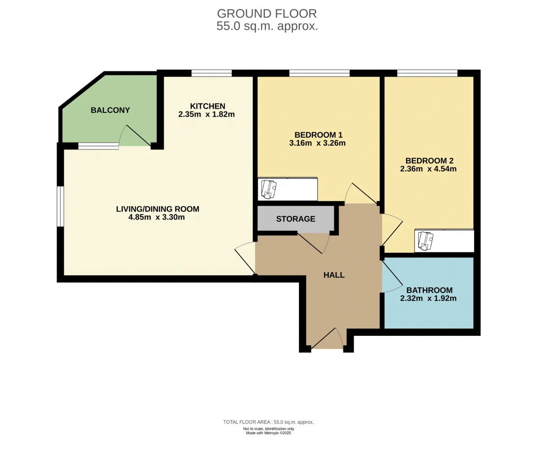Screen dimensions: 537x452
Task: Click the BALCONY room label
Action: (x=110, y=110)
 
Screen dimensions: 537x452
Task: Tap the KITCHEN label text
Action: (x=208, y=106)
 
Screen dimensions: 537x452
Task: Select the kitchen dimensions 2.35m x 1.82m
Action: (x=206, y=114)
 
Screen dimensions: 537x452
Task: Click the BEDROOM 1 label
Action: (x=318, y=135)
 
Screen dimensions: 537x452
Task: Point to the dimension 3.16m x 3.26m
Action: (x=317, y=143)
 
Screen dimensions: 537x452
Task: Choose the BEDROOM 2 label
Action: (x=429, y=161)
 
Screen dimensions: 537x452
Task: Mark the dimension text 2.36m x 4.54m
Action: (x=428, y=169)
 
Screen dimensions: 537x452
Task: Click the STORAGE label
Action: (x=296, y=219)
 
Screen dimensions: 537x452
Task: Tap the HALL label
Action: (x=334, y=275)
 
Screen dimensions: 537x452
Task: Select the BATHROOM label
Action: (x=430, y=290)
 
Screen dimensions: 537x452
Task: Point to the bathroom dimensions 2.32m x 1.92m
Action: (x=428, y=298)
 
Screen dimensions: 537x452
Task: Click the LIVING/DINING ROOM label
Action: (x=158, y=209)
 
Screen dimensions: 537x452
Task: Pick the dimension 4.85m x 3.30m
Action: (x=156, y=217)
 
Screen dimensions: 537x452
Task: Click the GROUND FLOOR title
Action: (x=267, y=13)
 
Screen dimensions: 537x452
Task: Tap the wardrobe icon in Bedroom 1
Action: (x=268, y=190)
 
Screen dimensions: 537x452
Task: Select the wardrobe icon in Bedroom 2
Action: (x=426, y=241)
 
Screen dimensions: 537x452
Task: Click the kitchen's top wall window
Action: (x=212, y=73)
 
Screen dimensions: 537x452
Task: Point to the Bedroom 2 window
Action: (x=427, y=73)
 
